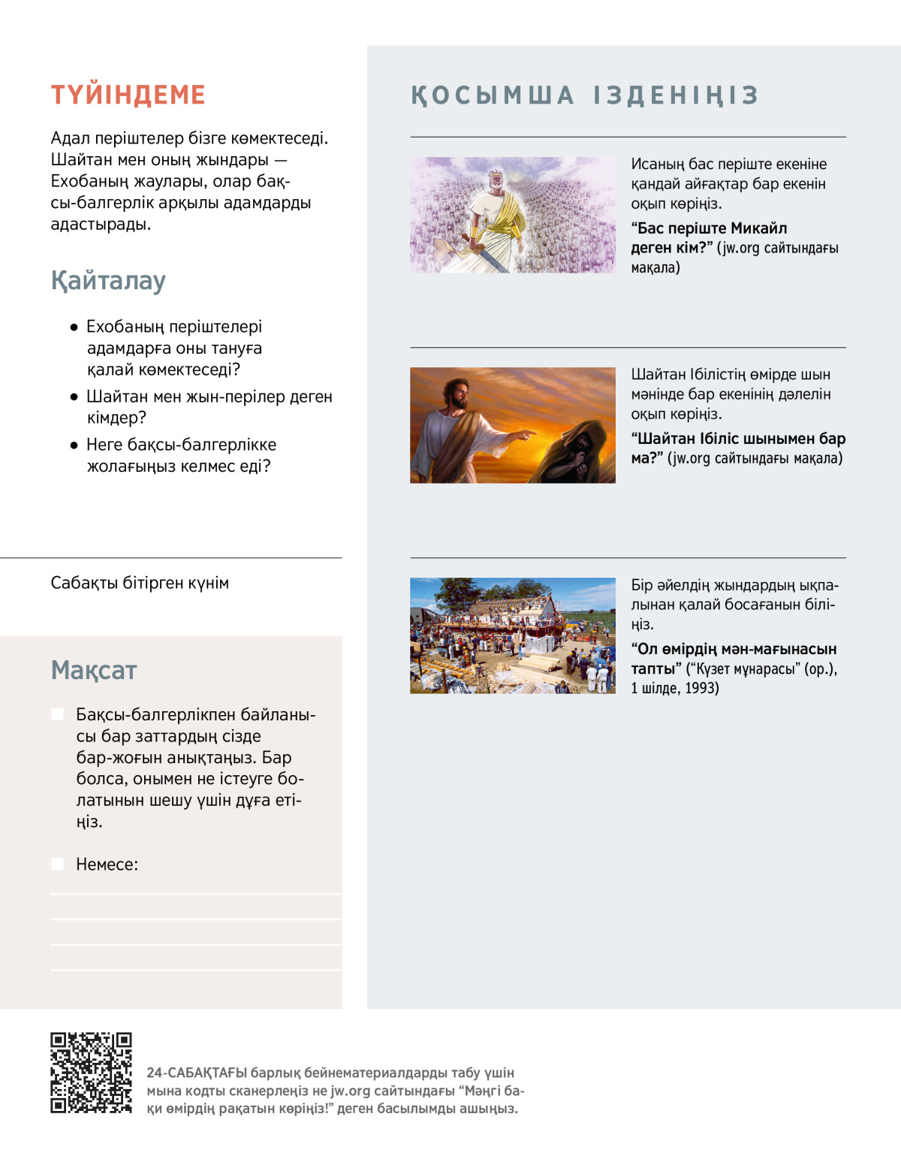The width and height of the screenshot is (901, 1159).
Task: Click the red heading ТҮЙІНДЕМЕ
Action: [128, 95]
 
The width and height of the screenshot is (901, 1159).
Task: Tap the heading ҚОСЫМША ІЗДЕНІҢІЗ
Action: [585, 95]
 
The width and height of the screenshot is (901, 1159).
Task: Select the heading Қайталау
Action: [108, 281]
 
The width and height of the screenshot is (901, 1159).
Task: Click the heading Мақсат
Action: [94, 670]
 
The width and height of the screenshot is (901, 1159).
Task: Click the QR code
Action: [91, 1073]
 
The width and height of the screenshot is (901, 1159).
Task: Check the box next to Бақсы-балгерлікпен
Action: [57, 714]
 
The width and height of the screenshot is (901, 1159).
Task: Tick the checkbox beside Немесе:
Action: [57, 864]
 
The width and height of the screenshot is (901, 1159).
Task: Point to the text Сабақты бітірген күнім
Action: [140, 583]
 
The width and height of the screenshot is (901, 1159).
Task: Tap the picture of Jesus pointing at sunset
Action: [512, 425]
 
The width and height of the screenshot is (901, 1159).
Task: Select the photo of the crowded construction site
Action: [512, 635]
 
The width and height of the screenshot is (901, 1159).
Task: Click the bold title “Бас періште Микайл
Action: [709, 228]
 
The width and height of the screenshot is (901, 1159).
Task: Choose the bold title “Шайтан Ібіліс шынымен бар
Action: [738, 439]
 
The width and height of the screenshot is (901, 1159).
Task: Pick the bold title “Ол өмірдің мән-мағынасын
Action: [734, 649]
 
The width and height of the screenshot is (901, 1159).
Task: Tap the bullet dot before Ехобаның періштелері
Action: [74, 327]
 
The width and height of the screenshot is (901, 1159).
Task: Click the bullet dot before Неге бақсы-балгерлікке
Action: [74, 445]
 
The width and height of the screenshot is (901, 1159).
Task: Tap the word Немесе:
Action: [107, 865]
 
